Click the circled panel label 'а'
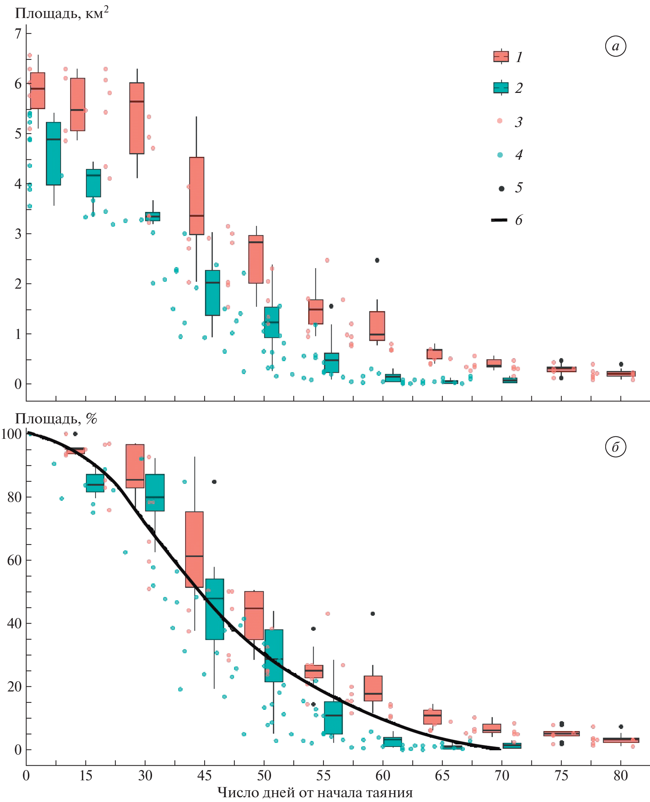tap(615, 46)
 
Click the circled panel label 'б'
tap(615, 447)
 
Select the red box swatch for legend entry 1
tap(501, 57)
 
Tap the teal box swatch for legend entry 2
tap(501, 88)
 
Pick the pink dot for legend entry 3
tap(500, 120)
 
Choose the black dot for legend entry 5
tap(501, 188)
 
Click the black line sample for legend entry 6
tap(499, 220)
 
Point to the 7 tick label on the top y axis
tap(18, 34)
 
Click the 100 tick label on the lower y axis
tap(12, 434)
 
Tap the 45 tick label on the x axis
tap(205, 776)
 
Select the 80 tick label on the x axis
tap(620, 776)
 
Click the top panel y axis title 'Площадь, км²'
tap(62, 14)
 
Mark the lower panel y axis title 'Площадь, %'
tap(56, 419)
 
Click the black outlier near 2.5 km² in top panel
tap(377, 260)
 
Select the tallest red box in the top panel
tap(196, 196)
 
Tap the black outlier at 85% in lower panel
tap(214, 482)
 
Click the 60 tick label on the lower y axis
tap(15, 560)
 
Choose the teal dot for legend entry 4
tap(500, 155)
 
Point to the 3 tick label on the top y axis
tap(18, 234)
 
